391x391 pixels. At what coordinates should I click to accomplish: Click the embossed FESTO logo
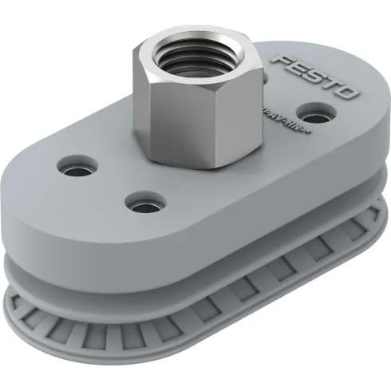coord(313,79)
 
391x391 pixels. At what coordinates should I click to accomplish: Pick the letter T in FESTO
coord(328,85)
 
